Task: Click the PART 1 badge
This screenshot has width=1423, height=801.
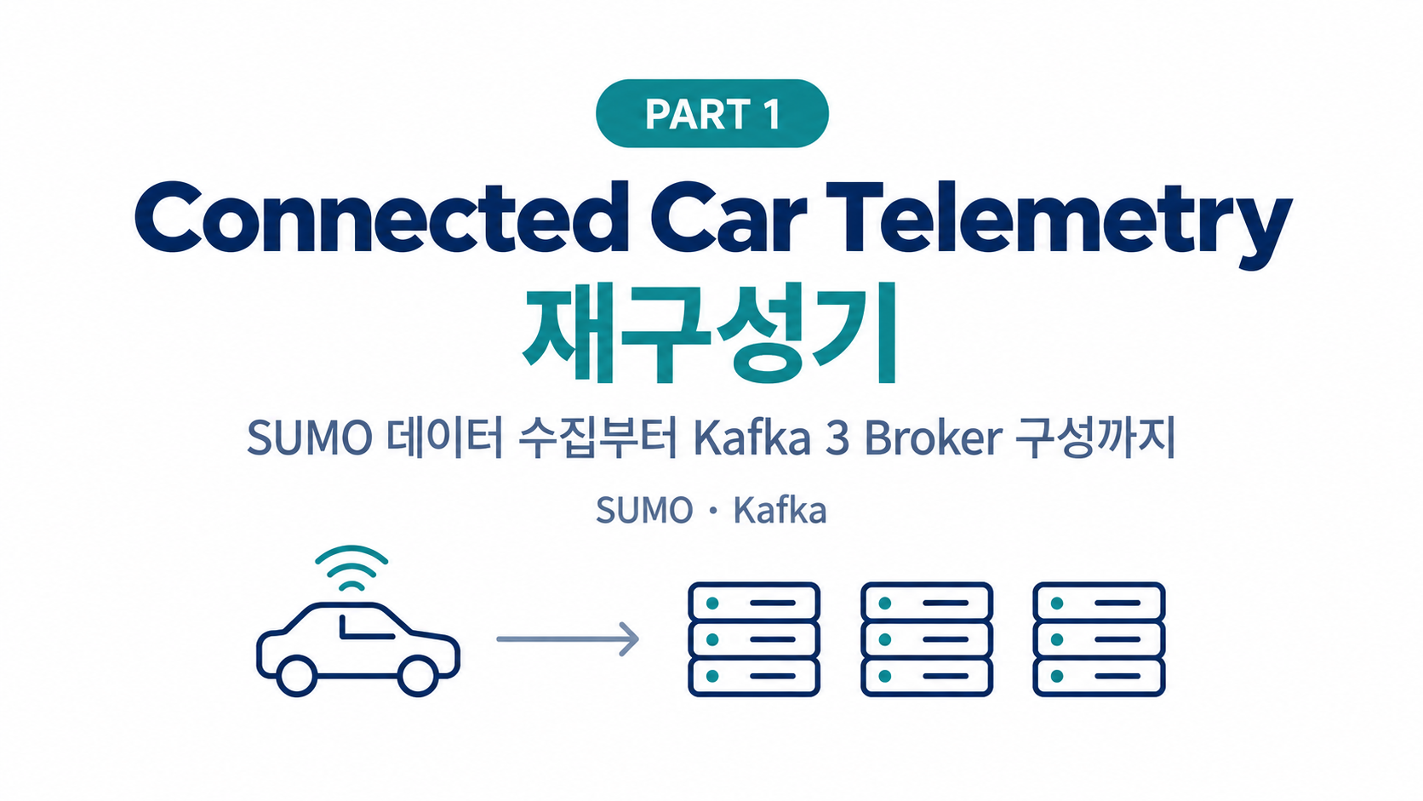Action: pyautogui.click(x=712, y=114)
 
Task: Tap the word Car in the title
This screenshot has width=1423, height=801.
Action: pyautogui.click(x=729, y=217)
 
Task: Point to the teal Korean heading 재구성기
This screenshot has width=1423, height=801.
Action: pyautogui.click(x=711, y=334)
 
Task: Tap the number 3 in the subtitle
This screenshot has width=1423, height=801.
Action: pyautogui.click(x=837, y=438)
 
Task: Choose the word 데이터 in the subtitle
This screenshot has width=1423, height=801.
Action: pyautogui.click(x=444, y=438)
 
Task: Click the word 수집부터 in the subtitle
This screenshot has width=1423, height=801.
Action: pyautogui.click(x=597, y=438)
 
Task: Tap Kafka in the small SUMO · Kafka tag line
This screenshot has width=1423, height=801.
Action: pyautogui.click(x=780, y=510)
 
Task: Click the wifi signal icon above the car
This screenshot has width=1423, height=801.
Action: pyautogui.click(x=351, y=567)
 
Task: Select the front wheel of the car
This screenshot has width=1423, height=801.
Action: pyautogui.click(x=417, y=676)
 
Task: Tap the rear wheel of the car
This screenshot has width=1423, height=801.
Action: pyautogui.click(x=297, y=676)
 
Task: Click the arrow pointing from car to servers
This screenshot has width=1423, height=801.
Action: pyautogui.click(x=568, y=639)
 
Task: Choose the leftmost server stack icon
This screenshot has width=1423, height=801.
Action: pyautogui.click(x=754, y=639)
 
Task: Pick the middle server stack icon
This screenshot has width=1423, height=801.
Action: pyautogui.click(x=927, y=639)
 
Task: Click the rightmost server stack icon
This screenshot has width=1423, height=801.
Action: pyautogui.click(x=1099, y=639)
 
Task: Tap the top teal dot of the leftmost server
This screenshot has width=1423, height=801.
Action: pyautogui.click(x=712, y=603)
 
